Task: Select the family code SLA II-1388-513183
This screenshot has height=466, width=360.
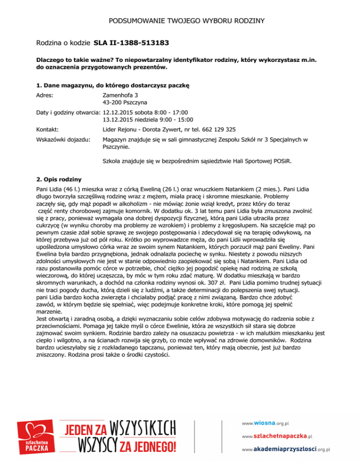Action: tap(132, 44)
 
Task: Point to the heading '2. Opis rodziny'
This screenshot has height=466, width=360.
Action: tap(59, 180)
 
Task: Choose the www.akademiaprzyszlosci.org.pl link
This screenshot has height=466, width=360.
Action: tap(286, 449)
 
